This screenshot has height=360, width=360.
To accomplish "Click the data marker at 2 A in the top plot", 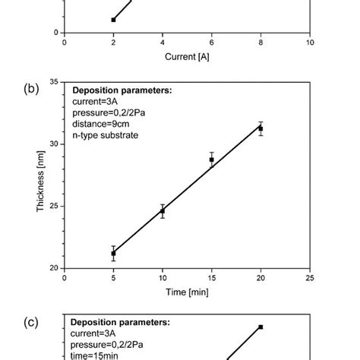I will (113, 20).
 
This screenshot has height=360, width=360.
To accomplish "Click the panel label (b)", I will (32, 88).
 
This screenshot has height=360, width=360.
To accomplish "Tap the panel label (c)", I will (32, 322).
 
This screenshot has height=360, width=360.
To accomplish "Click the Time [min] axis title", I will (187, 292).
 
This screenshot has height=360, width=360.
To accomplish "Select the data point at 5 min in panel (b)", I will (113, 253).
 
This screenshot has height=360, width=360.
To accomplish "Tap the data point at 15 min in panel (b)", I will (212, 159).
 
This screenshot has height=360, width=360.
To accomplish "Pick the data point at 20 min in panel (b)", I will (261, 128).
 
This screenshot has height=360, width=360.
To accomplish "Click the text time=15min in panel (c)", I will (99, 355).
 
